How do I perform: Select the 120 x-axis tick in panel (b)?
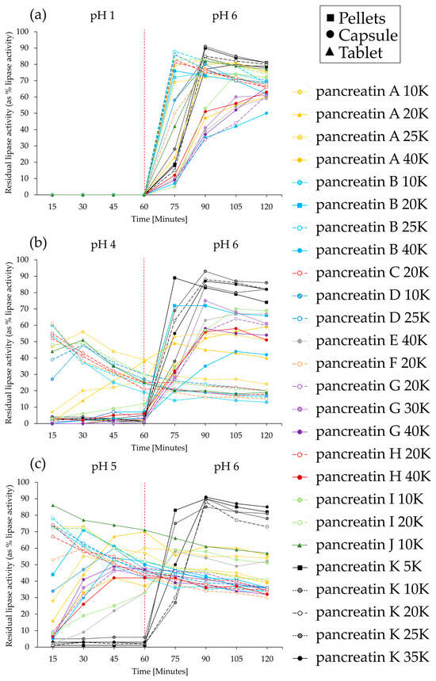pos(267,432)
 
